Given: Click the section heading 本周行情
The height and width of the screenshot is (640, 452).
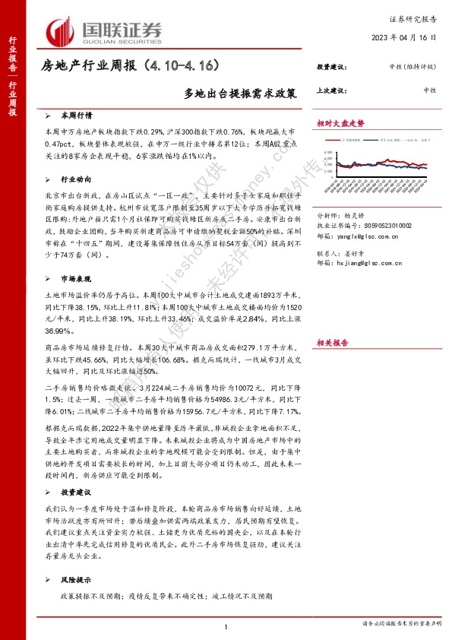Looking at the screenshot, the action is (x=77, y=116).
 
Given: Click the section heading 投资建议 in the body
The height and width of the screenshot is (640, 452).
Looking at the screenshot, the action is (x=77, y=470).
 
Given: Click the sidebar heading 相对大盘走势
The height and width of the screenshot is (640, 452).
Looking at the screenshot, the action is (x=341, y=122).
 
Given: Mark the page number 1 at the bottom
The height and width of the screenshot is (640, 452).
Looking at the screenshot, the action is (x=226, y=626).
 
